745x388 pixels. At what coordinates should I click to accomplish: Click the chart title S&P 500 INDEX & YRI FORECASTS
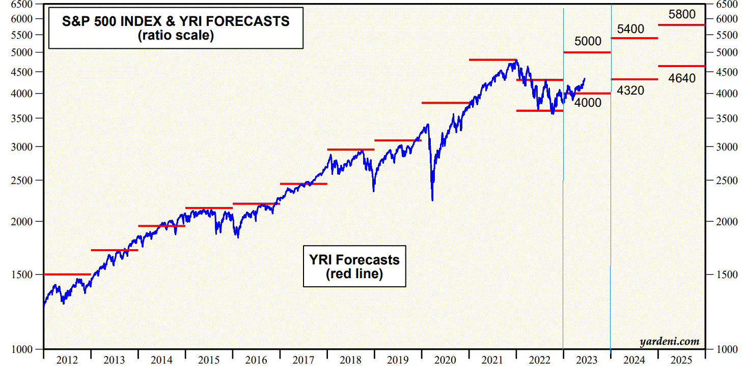point(176,21)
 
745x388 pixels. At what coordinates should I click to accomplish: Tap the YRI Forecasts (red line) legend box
point(354,266)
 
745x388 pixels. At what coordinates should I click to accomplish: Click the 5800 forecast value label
point(682,14)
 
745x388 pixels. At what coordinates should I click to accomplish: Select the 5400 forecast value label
point(630,29)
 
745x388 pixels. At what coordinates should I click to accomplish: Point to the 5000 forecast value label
point(588,41)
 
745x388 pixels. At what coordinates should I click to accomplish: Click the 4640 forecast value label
point(681,79)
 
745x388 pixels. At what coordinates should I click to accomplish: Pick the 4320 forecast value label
point(630,91)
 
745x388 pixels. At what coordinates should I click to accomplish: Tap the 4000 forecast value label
point(588,103)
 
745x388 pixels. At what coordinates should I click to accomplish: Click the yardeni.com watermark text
point(669,342)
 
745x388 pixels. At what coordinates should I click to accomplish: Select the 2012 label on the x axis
point(67,361)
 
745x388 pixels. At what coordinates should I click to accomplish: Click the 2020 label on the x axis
point(445,361)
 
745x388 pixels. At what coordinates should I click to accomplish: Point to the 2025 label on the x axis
point(681,361)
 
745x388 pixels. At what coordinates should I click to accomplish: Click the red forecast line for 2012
point(67,275)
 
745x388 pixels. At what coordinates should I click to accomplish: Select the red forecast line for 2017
point(303,184)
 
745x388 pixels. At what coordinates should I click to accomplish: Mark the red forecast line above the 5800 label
point(681,24)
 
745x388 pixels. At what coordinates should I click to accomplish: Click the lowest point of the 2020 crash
point(432,200)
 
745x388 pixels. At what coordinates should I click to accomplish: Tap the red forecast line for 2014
point(161,226)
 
